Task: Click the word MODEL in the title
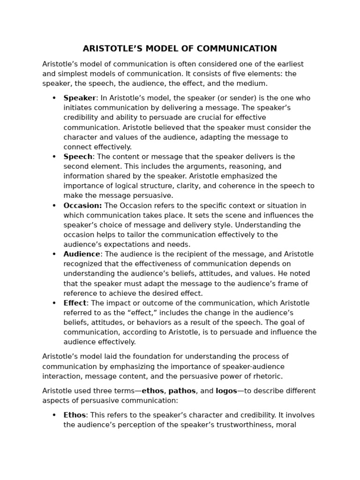pyautogui.click(x=161, y=49)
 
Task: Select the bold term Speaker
pyautogui.click(x=80, y=98)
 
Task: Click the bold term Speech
pyautogui.click(x=78, y=157)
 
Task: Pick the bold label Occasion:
pyautogui.click(x=82, y=205)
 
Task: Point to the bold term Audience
pyautogui.click(x=82, y=254)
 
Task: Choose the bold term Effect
pyautogui.click(x=75, y=303)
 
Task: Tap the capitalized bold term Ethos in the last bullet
pyautogui.click(x=75, y=415)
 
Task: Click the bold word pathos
pyautogui.click(x=182, y=391)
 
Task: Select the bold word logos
pyautogui.click(x=226, y=391)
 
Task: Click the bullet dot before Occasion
pyautogui.click(x=54, y=205)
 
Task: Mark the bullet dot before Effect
pyautogui.click(x=54, y=303)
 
